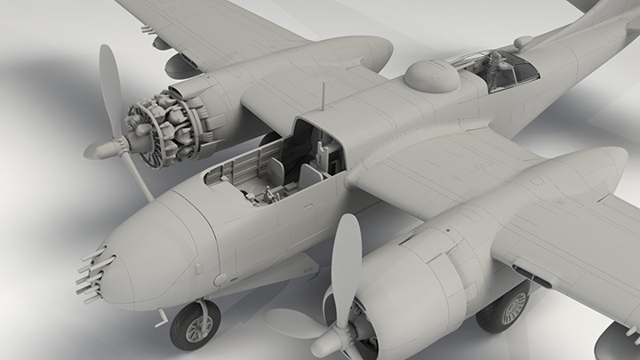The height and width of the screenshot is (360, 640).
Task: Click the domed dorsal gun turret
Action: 432,76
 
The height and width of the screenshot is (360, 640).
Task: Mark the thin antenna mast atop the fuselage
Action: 322,96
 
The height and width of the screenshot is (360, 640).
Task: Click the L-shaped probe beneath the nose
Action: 162,315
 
